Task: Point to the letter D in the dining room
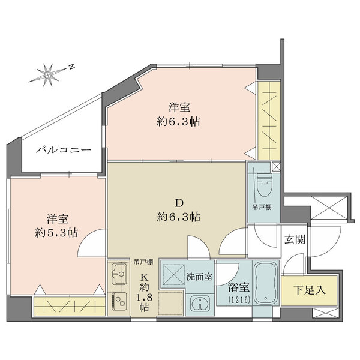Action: pos(178,202)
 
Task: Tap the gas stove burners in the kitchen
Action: pos(119,301)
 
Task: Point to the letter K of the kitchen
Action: pos(144,277)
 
